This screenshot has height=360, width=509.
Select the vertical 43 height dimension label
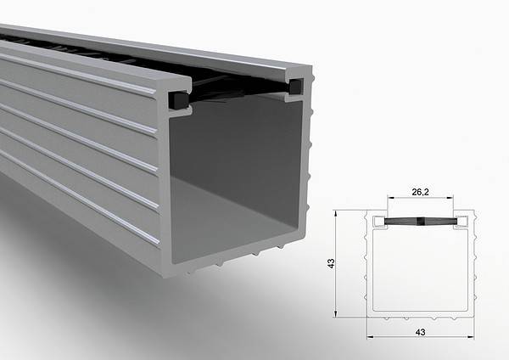[x=332, y=264]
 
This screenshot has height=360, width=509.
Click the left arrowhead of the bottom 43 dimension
[x=371, y=336]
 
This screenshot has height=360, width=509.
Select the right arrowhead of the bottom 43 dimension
[x=472, y=336]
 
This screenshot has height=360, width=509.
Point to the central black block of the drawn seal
[x=421, y=221]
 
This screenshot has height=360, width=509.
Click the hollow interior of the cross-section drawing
[x=420, y=272]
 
